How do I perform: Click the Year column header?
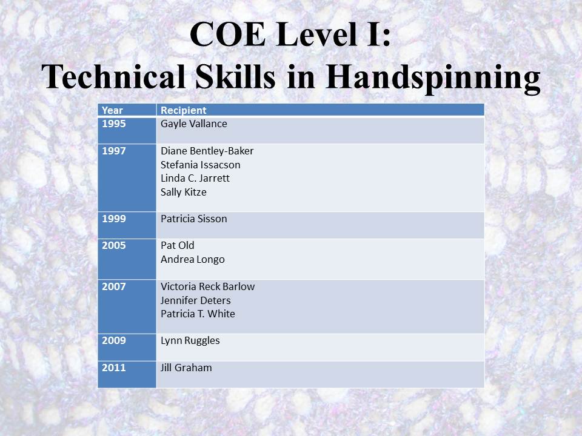(x=112, y=110)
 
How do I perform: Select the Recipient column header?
(x=183, y=110)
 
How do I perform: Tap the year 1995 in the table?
(x=114, y=124)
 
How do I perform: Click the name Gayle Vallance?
(x=194, y=124)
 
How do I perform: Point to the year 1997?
(x=114, y=151)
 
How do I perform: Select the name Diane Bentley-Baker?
(x=207, y=151)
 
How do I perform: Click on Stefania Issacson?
(x=201, y=165)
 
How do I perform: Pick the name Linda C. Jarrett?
(x=195, y=178)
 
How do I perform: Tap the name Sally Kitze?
(x=183, y=192)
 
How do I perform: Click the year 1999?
(x=114, y=219)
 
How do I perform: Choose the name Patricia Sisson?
(x=194, y=219)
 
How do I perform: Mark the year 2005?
(x=114, y=245)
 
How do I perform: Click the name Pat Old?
(x=178, y=245)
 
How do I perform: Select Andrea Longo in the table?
(x=193, y=260)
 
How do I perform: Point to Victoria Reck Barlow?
(x=208, y=286)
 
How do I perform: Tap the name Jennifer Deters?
(x=196, y=300)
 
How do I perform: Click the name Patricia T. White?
(x=198, y=314)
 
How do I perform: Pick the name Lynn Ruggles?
(x=190, y=341)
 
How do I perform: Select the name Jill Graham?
(x=186, y=368)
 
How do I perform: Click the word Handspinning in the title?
(x=433, y=77)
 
